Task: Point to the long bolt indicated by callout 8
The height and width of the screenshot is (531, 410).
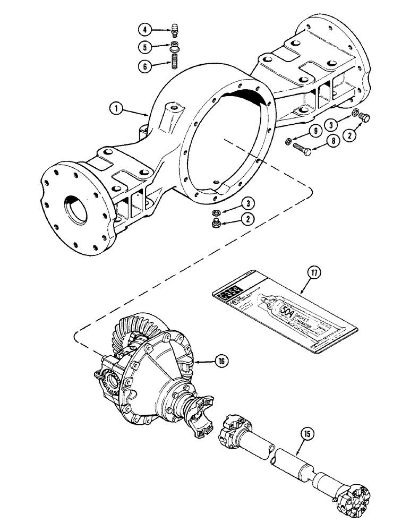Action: coord(305,149)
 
